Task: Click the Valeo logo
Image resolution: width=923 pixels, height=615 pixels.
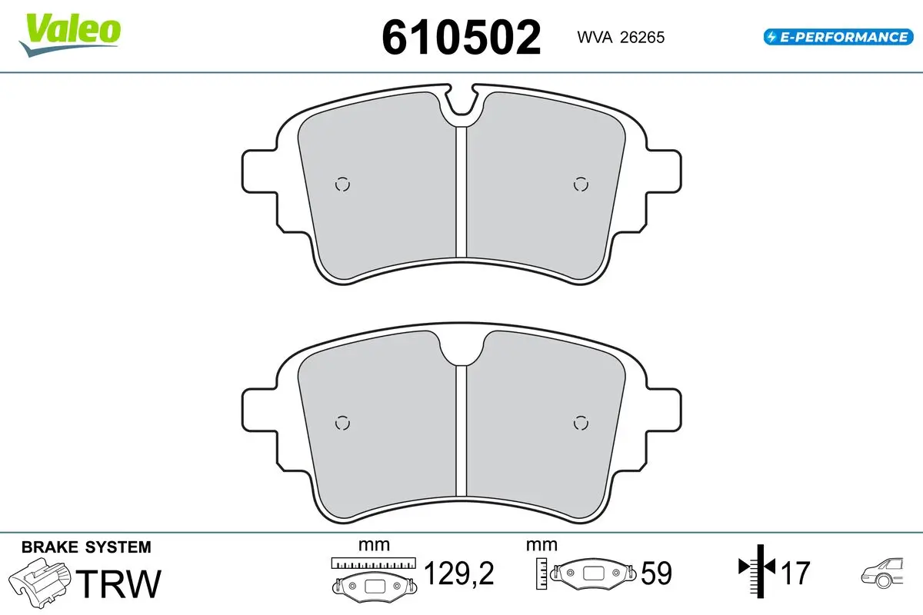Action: click(70, 35)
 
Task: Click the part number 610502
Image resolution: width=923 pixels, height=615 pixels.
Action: click(461, 38)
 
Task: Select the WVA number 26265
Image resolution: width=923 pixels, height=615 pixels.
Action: click(642, 38)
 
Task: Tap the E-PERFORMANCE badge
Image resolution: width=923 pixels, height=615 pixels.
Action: click(838, 37)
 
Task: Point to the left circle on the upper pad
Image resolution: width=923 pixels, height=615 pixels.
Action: click(342, 184)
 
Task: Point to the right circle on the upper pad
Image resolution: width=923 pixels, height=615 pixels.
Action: click(581, 184)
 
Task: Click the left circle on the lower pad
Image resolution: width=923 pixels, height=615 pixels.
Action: click(342, 423)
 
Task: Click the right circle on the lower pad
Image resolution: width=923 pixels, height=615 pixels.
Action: click(581, 423)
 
